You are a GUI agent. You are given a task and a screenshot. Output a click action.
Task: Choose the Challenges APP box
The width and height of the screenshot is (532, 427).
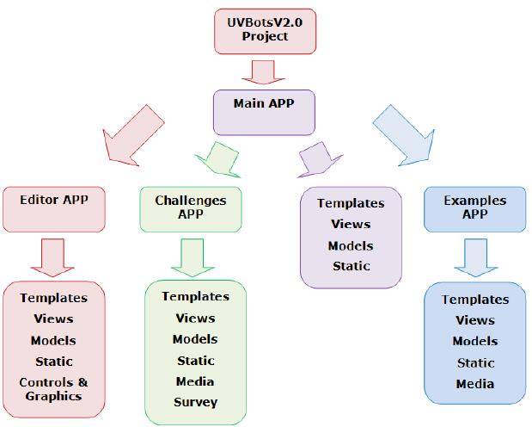(x=191, y=207)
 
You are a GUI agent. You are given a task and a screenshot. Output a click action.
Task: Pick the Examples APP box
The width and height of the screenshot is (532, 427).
(x=475, y=207)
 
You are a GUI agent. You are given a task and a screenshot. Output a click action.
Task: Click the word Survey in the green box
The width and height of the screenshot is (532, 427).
(x=195, y=402)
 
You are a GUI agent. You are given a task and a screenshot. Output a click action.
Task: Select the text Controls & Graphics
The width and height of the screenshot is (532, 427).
(x=54, y=389)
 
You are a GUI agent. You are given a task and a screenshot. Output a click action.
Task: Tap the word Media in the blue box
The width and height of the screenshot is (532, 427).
(x=475, y=384)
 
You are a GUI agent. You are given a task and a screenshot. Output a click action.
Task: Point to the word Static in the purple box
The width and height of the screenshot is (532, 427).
(x=351, y=266)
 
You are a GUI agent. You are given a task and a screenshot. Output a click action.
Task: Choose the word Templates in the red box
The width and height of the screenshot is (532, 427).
(x=54, y=298)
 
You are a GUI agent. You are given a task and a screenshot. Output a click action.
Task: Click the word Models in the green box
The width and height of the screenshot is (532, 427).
(x=195, y=339)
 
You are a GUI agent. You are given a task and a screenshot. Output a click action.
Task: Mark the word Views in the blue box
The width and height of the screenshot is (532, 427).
(x=475, y=320)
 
